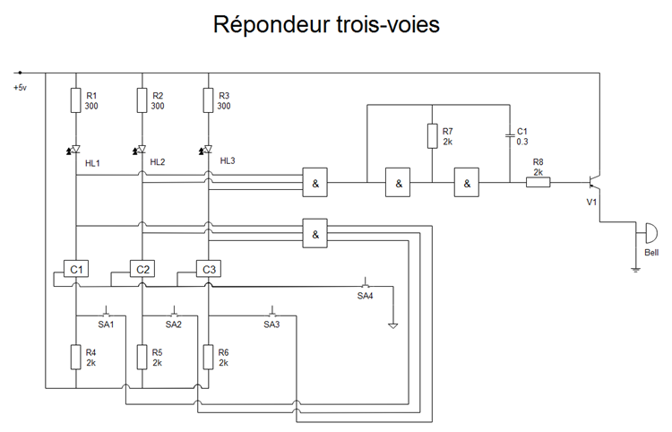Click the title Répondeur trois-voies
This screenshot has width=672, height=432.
pos(326,25)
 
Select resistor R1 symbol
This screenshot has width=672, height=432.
pos(76,100)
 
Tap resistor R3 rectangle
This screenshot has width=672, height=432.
pos(208,100)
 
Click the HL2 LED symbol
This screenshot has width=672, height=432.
pos(142,149)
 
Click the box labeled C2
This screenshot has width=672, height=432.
pos(142,269)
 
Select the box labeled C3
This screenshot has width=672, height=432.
pos(208,269)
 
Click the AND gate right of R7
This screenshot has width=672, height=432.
pos(466,184)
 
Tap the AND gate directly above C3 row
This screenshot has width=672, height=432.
pos(315,233)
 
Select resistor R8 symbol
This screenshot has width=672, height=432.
pos(538,183)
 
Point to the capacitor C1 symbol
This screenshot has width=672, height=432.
pos(509,136)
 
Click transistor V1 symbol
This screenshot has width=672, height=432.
pos(594,183)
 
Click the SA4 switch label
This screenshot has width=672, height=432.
pos(365,295)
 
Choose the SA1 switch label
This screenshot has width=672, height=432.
pos(106,324)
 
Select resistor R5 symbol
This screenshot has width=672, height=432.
pos(142,358)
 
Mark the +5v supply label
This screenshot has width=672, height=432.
pos(20,87)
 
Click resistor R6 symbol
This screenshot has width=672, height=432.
pos(208,358)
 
